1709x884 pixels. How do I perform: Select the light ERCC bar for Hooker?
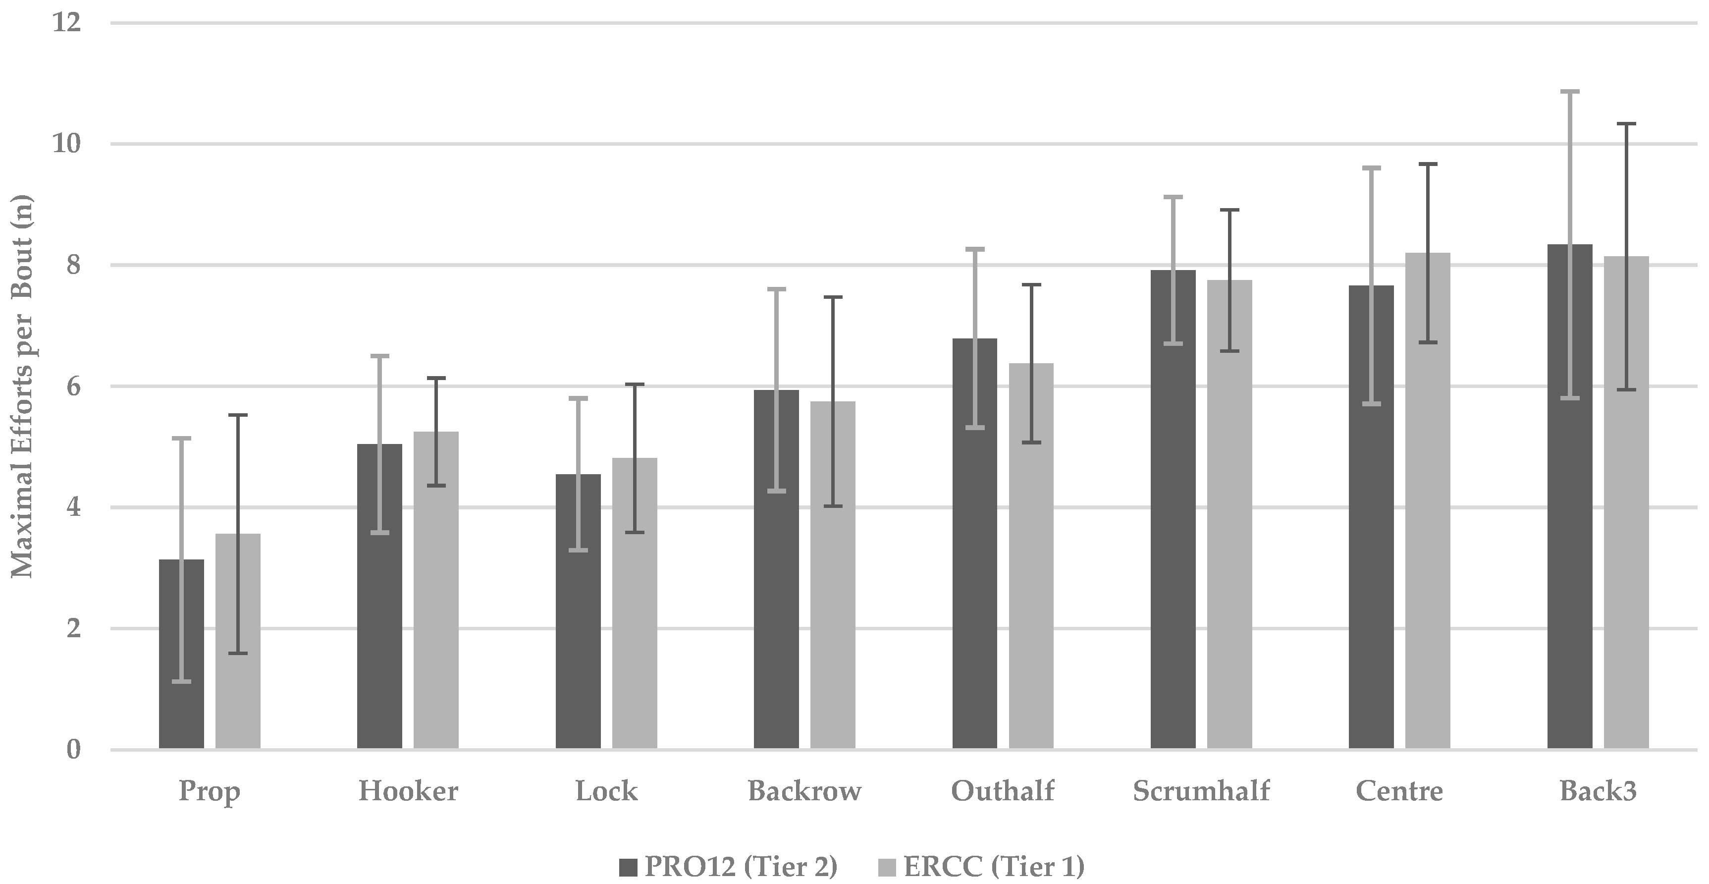click(436, 591)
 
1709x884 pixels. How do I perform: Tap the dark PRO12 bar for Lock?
click(578, 610)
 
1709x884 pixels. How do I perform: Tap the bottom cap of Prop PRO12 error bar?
click(182, 681)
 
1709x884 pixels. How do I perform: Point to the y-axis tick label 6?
click(73, 386)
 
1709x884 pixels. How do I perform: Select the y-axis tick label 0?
click(73, 750)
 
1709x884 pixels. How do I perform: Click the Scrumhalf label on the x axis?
click(1201, 791)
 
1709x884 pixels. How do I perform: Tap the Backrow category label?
click(804, 791)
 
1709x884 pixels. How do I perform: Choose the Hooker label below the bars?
click(408, 791)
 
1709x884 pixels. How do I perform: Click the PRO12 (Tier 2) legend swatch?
click(628, 867)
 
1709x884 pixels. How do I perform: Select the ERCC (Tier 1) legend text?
click(994, 867)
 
